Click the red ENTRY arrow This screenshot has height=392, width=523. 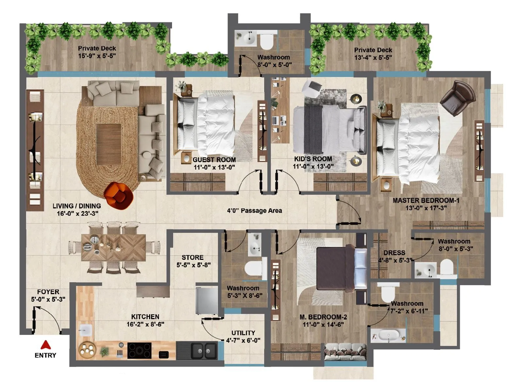(x=45, y=345)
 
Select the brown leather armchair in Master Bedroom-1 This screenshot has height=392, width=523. (x=458, y=98)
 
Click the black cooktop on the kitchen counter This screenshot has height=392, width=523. (x=139, y=350)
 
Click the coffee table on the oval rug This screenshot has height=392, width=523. (x=109, y=144)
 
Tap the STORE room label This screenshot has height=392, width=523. (x=193, y=257)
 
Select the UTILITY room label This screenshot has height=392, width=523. (x=243, y=333)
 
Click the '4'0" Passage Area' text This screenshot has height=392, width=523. (x=254, y=211)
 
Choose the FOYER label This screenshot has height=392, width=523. (x=48, y=292)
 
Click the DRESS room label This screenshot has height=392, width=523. (x=394, y=253)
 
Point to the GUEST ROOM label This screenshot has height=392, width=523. (x=214, y=160)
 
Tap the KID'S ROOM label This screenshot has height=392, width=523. (x=313, y=159)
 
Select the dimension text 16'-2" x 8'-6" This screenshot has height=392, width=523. (x=145, y=324)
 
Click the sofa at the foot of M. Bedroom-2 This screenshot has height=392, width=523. (x=345, y=351)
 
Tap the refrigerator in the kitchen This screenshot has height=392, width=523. (x=207, y=300)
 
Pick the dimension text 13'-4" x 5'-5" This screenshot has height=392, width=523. (x=373, y=58)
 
